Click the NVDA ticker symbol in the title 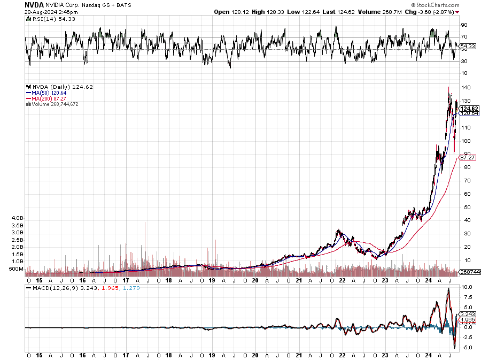click(34, 4)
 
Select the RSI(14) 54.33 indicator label click(46, 19)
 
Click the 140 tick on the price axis click(465, 88)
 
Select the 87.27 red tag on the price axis click(468, 158)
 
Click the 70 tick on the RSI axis click(464, 37)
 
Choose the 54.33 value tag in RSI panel click(467, 47)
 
